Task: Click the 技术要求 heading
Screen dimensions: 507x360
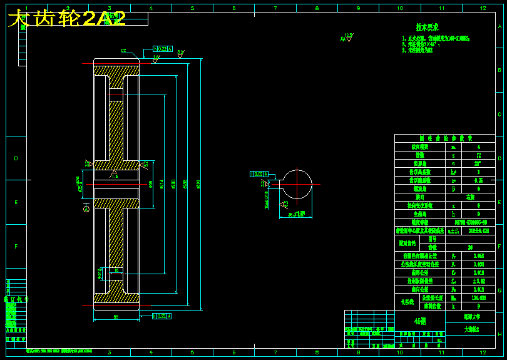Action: (428, 28)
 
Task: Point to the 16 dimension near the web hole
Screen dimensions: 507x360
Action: (116, 270)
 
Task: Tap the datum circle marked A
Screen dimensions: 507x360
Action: (85, 210)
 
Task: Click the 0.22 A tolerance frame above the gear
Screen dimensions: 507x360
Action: (162, 48)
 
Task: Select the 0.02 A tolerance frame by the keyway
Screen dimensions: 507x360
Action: (259, 173)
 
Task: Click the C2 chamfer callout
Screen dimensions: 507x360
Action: (124, 51)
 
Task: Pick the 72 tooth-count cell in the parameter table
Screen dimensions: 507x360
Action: (479, 154)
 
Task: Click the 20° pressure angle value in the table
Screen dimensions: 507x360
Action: (479, 163)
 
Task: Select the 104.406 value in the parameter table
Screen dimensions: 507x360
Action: (479, 298)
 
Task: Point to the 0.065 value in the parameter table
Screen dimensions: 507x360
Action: (479, 255)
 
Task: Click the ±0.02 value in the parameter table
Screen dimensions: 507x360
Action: (479, 280)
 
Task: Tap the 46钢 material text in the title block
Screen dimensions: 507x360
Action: (419, 321)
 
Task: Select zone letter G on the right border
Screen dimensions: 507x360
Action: (499, 290)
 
